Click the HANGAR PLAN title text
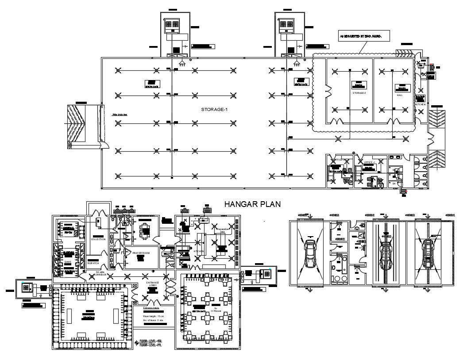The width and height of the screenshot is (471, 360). (252, 204)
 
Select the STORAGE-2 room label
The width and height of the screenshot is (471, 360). (359, 93)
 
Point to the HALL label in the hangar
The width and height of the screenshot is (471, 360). (400, 95)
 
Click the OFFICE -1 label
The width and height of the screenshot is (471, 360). (370, 163)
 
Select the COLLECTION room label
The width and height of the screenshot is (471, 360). (98, 239)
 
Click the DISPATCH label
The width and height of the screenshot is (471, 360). (93, 263)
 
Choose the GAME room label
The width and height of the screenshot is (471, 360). (68, 261)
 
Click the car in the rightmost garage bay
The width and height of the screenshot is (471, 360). (428, 255)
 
